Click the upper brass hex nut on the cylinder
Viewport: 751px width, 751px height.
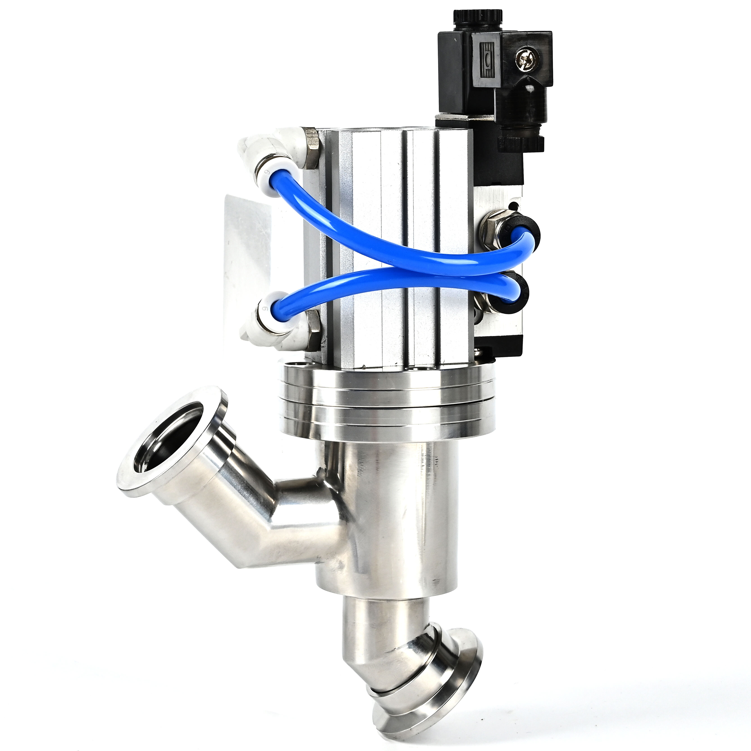pyautogui.click(x=311, y=148)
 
